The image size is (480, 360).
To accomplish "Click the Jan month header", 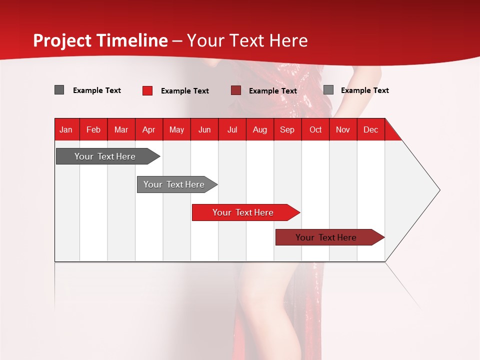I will click(x=66, y=129).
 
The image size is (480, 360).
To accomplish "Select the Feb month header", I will click(x=93, y=129).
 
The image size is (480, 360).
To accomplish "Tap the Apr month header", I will click(x=148, y=129).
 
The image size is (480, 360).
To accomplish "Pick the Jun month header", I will click(x=204, y=129).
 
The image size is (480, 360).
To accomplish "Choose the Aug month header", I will click(x=259, y=129).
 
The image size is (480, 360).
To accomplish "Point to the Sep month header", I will click(x=287, y=129).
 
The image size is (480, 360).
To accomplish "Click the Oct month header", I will click(x=315, y=129).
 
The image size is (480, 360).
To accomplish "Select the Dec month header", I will click(x=370, y=129).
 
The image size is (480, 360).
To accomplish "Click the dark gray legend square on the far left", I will click(x=59, y=90).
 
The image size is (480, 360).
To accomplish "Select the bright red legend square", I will click(x=147, y=90).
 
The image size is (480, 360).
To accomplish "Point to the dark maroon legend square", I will click(x=236, y=90).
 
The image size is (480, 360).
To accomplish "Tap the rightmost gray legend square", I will click(x=328, y=90).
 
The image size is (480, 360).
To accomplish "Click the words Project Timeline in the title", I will click(x=100, y=40).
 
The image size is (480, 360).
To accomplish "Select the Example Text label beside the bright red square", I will click(x=185, y=91).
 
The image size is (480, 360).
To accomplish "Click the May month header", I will click(x=176, y=129).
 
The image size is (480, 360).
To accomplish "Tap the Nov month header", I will click(x=343, y=129).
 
